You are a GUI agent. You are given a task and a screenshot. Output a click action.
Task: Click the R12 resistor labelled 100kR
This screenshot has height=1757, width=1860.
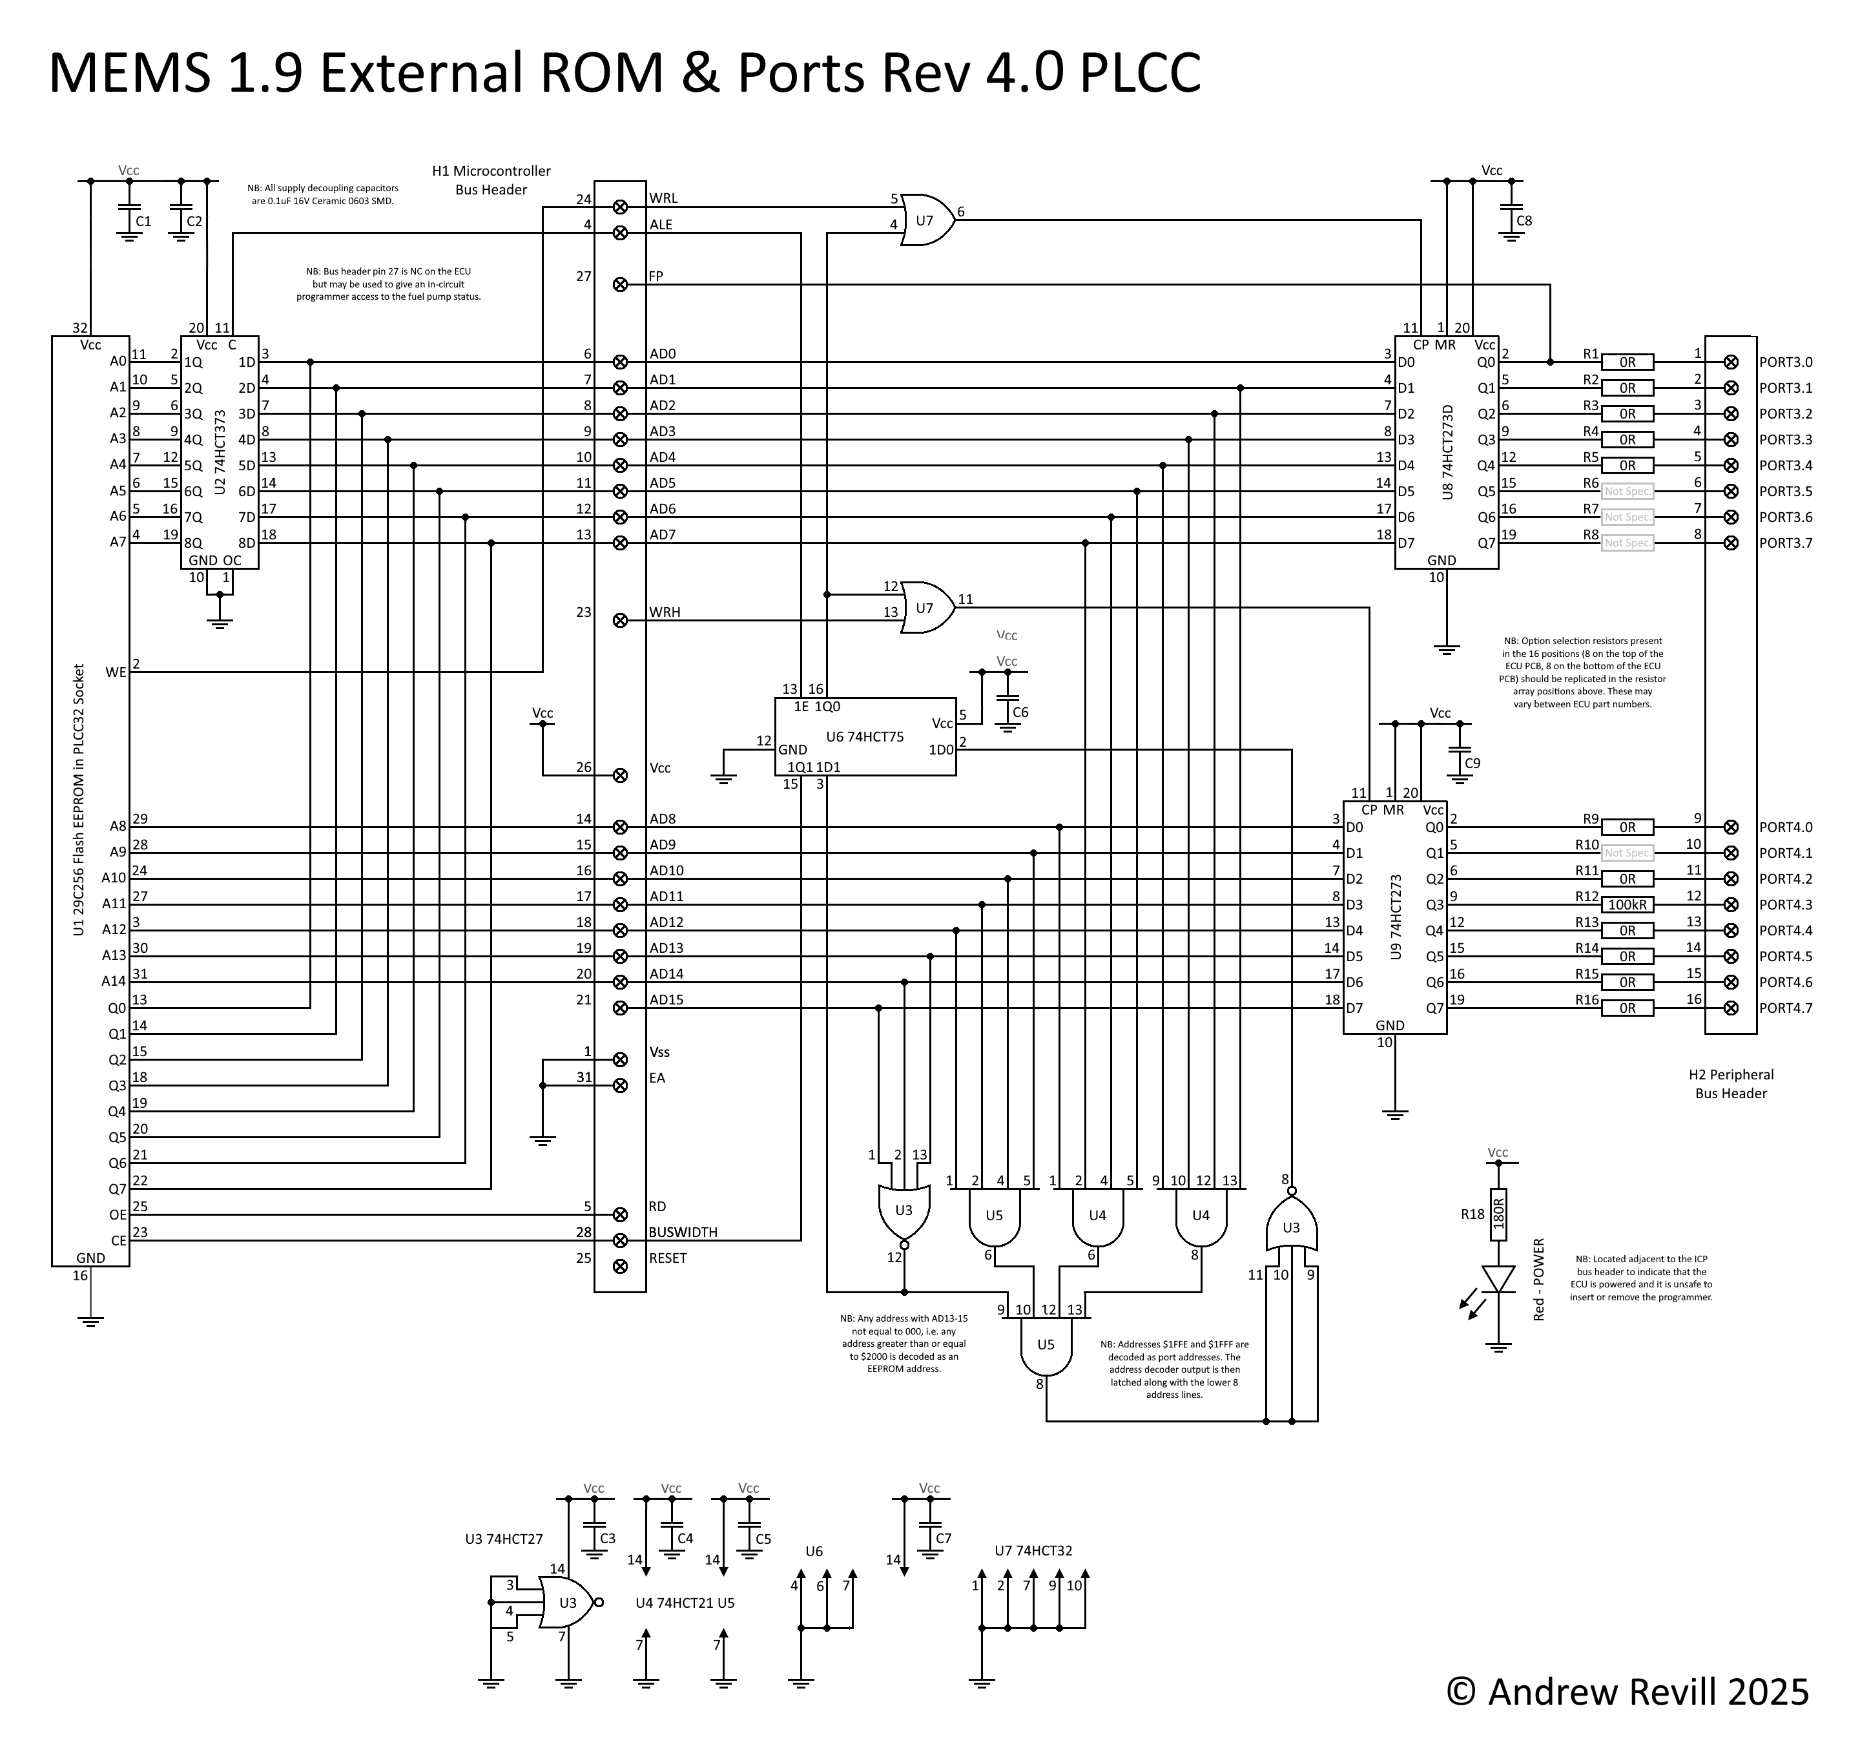pos(1627,905)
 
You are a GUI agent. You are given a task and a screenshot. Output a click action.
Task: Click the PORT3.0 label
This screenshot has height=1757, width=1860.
pos(1785,362)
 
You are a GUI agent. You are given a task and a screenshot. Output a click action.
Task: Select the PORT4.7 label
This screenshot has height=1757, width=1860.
pos(1785,1009)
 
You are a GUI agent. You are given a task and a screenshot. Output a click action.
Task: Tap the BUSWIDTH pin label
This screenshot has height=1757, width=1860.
pos(683,1232)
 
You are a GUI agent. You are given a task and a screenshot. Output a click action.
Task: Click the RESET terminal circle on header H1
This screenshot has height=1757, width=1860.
pos(620,1266)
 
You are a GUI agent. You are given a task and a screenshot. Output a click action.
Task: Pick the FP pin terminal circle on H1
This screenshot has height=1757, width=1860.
pos(620,284)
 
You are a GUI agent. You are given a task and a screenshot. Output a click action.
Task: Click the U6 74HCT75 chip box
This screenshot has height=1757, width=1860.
pos(864,736)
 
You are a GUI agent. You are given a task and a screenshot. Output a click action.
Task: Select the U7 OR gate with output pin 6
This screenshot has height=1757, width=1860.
pos(926,220)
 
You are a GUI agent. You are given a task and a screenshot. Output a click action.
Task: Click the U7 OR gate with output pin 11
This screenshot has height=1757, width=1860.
pos(926,608)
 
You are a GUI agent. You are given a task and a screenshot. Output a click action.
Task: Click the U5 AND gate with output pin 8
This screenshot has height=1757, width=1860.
pos(1045,1346)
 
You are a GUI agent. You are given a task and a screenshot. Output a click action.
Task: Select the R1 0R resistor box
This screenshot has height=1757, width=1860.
pos(1627,362)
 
